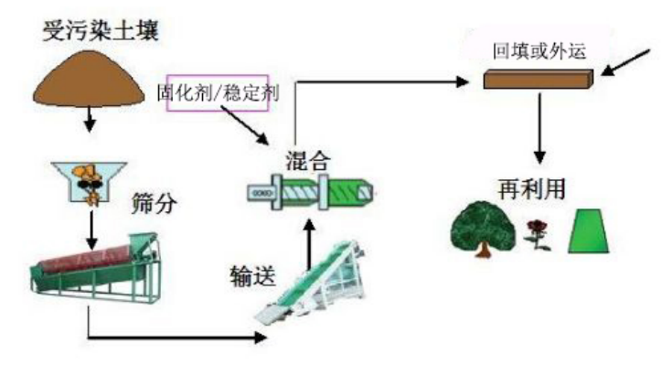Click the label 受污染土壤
[101, 30]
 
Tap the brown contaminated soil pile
[89, 80]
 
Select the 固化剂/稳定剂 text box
[218, 93]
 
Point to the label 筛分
[154, 203]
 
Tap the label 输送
[252, 275]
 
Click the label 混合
[308, 161]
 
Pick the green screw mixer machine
[310, 191]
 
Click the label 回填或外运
[539, 50]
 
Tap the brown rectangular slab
[539, 80]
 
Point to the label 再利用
[532, 188]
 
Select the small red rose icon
[536, 234]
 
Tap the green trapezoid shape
[589, 231]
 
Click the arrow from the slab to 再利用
[539, 128]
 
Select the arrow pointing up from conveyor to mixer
[309, 243]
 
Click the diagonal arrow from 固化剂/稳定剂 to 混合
[245, 125]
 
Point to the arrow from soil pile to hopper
[90, 119]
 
